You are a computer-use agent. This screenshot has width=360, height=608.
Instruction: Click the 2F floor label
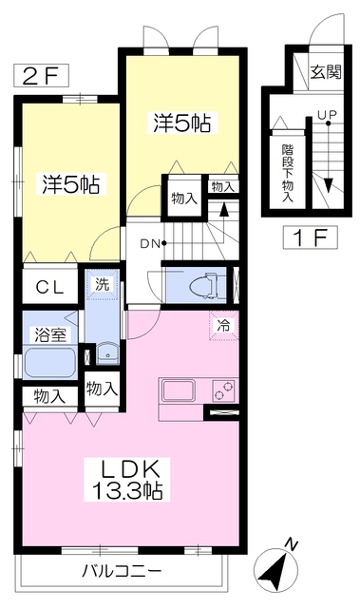[x=42, y=75]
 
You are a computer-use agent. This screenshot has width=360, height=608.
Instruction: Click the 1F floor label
[x=310, y=237]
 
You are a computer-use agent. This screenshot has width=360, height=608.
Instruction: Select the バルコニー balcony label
[x=122, y=571]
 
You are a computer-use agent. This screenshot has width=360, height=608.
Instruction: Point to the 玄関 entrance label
[x=327, y=72]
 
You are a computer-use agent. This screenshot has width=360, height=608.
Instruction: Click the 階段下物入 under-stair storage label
[x=288, y=173]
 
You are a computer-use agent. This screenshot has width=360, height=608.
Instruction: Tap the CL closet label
[x=49, y=287]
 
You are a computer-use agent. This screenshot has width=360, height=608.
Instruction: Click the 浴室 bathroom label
[x=50, y=334]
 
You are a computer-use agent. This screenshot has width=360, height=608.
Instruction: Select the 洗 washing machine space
[x=103, y=285]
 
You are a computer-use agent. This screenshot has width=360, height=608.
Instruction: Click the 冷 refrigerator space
[x=223, y=325]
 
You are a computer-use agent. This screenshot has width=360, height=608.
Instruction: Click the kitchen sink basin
[x=179, y=391]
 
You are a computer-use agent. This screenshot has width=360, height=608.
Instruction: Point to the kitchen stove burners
[x=223, y=390]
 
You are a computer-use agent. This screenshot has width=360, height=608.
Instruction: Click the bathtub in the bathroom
[x=49, y=362]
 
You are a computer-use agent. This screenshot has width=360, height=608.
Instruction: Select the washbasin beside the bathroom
[x=107, y=353]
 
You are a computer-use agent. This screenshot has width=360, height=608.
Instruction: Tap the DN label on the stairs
[x=149, y=244]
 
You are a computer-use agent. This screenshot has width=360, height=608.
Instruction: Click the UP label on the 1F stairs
[x=327, y=115]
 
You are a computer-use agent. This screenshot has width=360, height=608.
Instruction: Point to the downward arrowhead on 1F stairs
[x=329, y=185]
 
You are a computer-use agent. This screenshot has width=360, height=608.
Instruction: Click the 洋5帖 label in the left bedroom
[x=71, y=184]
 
